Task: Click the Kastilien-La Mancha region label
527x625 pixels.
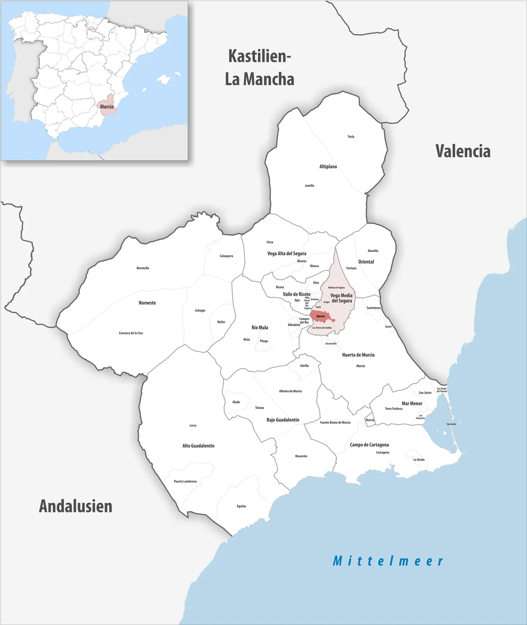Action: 259,68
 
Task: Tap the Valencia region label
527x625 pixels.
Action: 463,152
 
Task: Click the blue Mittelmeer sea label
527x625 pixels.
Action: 388,561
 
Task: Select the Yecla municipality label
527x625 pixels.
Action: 351,137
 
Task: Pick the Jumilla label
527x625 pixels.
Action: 310,186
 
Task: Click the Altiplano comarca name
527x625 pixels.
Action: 328,167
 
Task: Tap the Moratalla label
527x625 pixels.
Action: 143,268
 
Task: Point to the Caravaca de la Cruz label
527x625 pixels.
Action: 131,333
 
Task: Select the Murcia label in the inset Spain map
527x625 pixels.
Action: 107,107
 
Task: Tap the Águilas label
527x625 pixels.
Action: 242,506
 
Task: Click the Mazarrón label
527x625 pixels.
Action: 301,456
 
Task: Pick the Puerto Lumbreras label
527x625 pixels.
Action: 185,481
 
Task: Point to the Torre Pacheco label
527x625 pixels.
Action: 394,409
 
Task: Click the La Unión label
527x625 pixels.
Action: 419,460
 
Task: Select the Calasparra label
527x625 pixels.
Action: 226,256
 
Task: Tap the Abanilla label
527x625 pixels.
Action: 373,251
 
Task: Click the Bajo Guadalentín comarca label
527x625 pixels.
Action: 283,420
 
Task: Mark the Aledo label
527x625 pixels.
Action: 236,402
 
